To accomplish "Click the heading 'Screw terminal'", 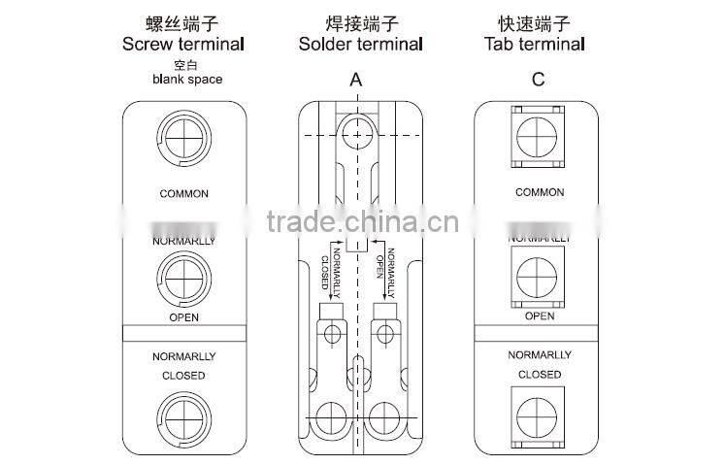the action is pyautogui.click(x=182, y=44).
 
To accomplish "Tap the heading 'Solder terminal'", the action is pyautogui.click(x=360, y=44).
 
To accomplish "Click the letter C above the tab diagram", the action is pyautogui.click(x=538, y=80).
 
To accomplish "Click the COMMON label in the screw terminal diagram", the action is pyautogui.click(x=183, y=193).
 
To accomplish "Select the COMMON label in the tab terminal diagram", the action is pyautogui.click(x=539, y=192).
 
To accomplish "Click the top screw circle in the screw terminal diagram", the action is pyautogui.click(x=184, y=137).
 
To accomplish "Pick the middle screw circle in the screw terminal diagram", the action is pyautogui.click(x=184, y=274).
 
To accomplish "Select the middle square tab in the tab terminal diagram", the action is pyautogui.click(x=539, y=275).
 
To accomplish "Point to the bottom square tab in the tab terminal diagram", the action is pyautogui.click(x=539, y=415).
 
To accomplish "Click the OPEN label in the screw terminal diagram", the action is pyautogui.click(x=183, y=316).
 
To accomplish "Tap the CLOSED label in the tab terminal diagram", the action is pyautogui.click(x=539, y=375).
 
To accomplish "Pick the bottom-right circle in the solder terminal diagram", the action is pyautogui.click(x=385, y=417).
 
